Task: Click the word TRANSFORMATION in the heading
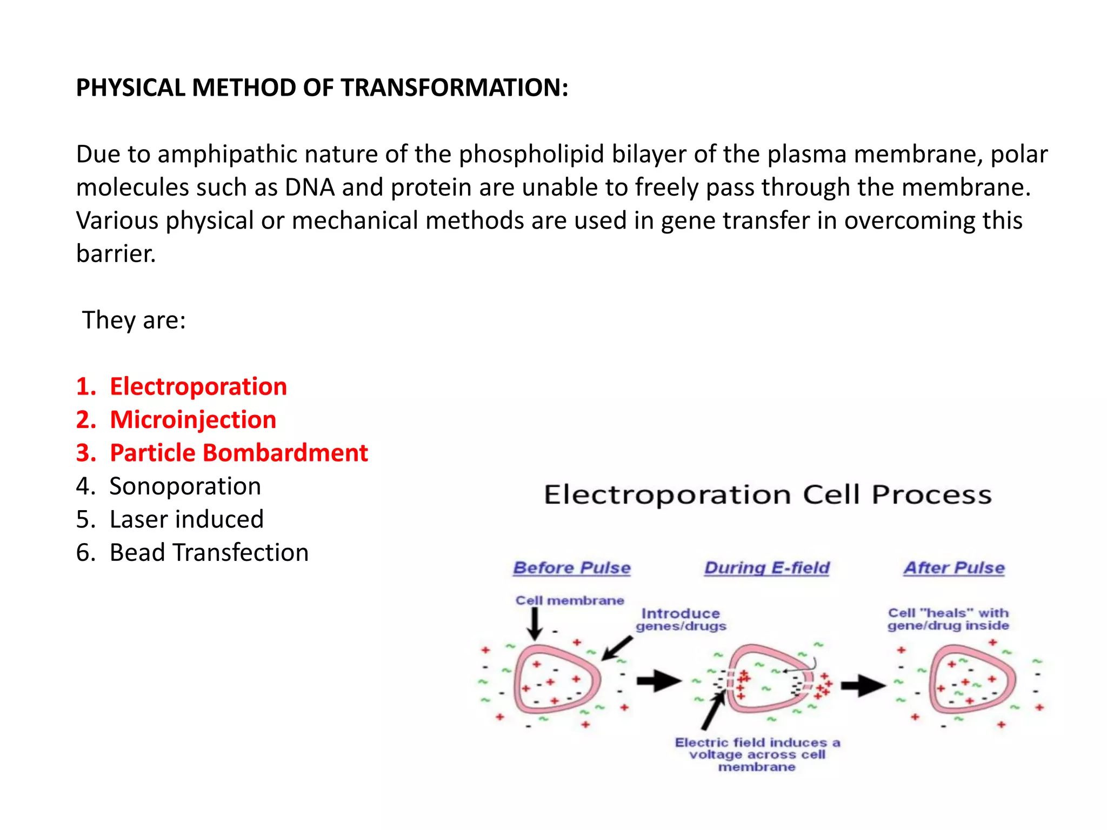tap(454, 88)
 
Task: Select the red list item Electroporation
tap(198, 386)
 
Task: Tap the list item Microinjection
tap(193, 420)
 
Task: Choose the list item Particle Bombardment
tap(238, 453)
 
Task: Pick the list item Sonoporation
tap(185, 486)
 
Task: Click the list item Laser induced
tap(186, 519)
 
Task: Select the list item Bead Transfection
tap(209, 553)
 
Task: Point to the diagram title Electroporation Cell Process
tap(768, 494)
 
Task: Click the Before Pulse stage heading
tap(572, 568)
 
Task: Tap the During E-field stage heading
tap(766, 568)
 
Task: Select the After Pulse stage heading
tap(954, 568)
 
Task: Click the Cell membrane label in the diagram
tap(570, 600)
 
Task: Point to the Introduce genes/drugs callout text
tap(681, 620)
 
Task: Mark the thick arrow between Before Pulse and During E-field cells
tap(658, 681)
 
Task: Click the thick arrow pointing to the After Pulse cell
tap(863, 686)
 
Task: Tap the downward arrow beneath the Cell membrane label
tap(535, 625)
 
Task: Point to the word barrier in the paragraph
tap(116, 254)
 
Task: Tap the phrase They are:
tap(134, 320)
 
